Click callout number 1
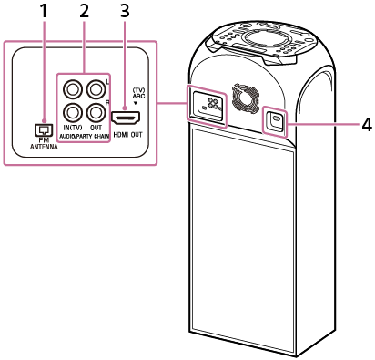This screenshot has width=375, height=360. pos(44,12)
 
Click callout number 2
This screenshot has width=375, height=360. pos(84,12)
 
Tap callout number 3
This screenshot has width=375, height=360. pos(125,12)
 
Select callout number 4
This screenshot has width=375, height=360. pos(367,125)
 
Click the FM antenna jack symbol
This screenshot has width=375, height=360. pos(44,130)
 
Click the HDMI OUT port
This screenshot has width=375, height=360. pos(126,118)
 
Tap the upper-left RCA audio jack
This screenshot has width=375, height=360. pos(73,89)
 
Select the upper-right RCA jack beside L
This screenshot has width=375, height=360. pos(96,89)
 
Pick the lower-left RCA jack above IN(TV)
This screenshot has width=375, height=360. pos(73,113)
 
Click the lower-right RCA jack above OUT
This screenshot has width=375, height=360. pos(96,113)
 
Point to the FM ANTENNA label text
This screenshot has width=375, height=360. pos(44,144)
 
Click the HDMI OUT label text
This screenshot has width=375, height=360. pos(127,135)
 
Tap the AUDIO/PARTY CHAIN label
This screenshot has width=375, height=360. pos(84,137)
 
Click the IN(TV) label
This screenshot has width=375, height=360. pos(73,128)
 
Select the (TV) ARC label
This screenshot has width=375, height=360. pos(139,93)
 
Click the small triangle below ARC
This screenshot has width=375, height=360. pos(136,103)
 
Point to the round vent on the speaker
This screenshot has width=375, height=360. pos(245,98)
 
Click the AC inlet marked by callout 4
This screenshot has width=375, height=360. pos(275,120)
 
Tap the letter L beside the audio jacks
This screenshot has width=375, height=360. pos(107,81)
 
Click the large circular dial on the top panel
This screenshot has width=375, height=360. pos(259,38)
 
